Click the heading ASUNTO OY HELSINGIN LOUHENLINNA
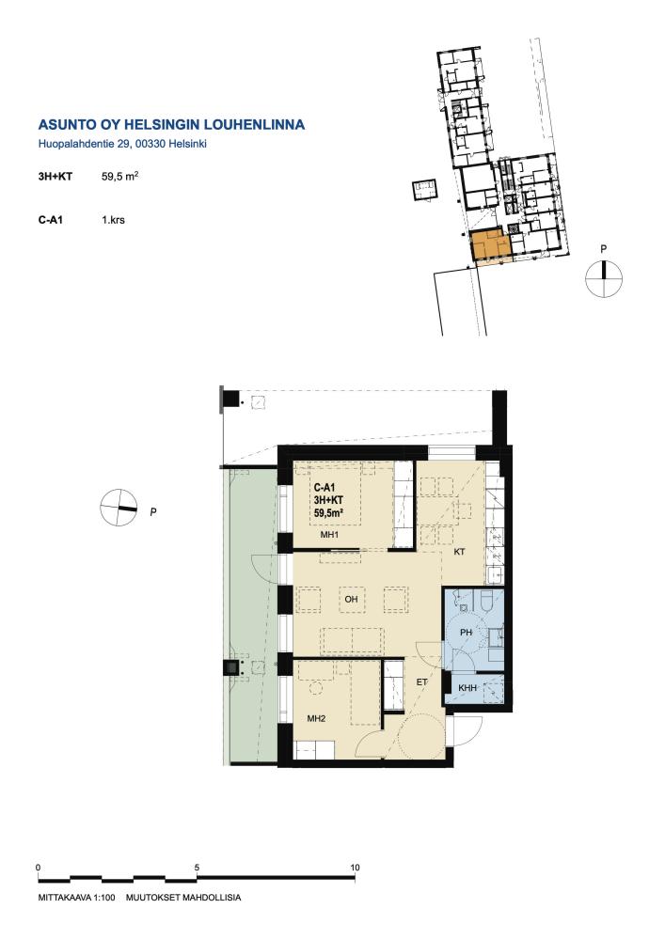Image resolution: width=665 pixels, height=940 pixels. [171, 125]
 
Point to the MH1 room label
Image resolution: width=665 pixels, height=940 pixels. [329, 535]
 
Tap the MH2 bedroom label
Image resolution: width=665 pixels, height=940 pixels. [316, 718]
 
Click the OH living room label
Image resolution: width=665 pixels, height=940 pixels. [351, 599]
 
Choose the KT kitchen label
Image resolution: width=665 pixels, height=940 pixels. [459, 552]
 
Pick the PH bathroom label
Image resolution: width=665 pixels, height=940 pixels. [466, 633]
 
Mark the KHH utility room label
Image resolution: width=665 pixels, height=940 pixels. [467, 688]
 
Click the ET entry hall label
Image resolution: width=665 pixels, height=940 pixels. [422, 682]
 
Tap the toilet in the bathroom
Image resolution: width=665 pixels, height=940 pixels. [486, 600]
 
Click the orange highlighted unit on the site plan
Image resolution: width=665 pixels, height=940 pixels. [490, 245]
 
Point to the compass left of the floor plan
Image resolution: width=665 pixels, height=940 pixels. [119, 508]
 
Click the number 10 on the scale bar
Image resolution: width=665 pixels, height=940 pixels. [355, 868]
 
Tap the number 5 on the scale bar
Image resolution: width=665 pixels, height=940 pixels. [197, 868]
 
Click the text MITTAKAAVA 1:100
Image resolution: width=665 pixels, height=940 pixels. [76, 898]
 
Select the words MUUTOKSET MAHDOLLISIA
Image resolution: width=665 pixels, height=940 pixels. [183, 898]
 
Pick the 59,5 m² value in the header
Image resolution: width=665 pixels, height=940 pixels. [120, 177]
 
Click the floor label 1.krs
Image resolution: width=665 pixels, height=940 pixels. [113, 220]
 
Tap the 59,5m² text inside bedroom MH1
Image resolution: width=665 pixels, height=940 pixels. [328, 512]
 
